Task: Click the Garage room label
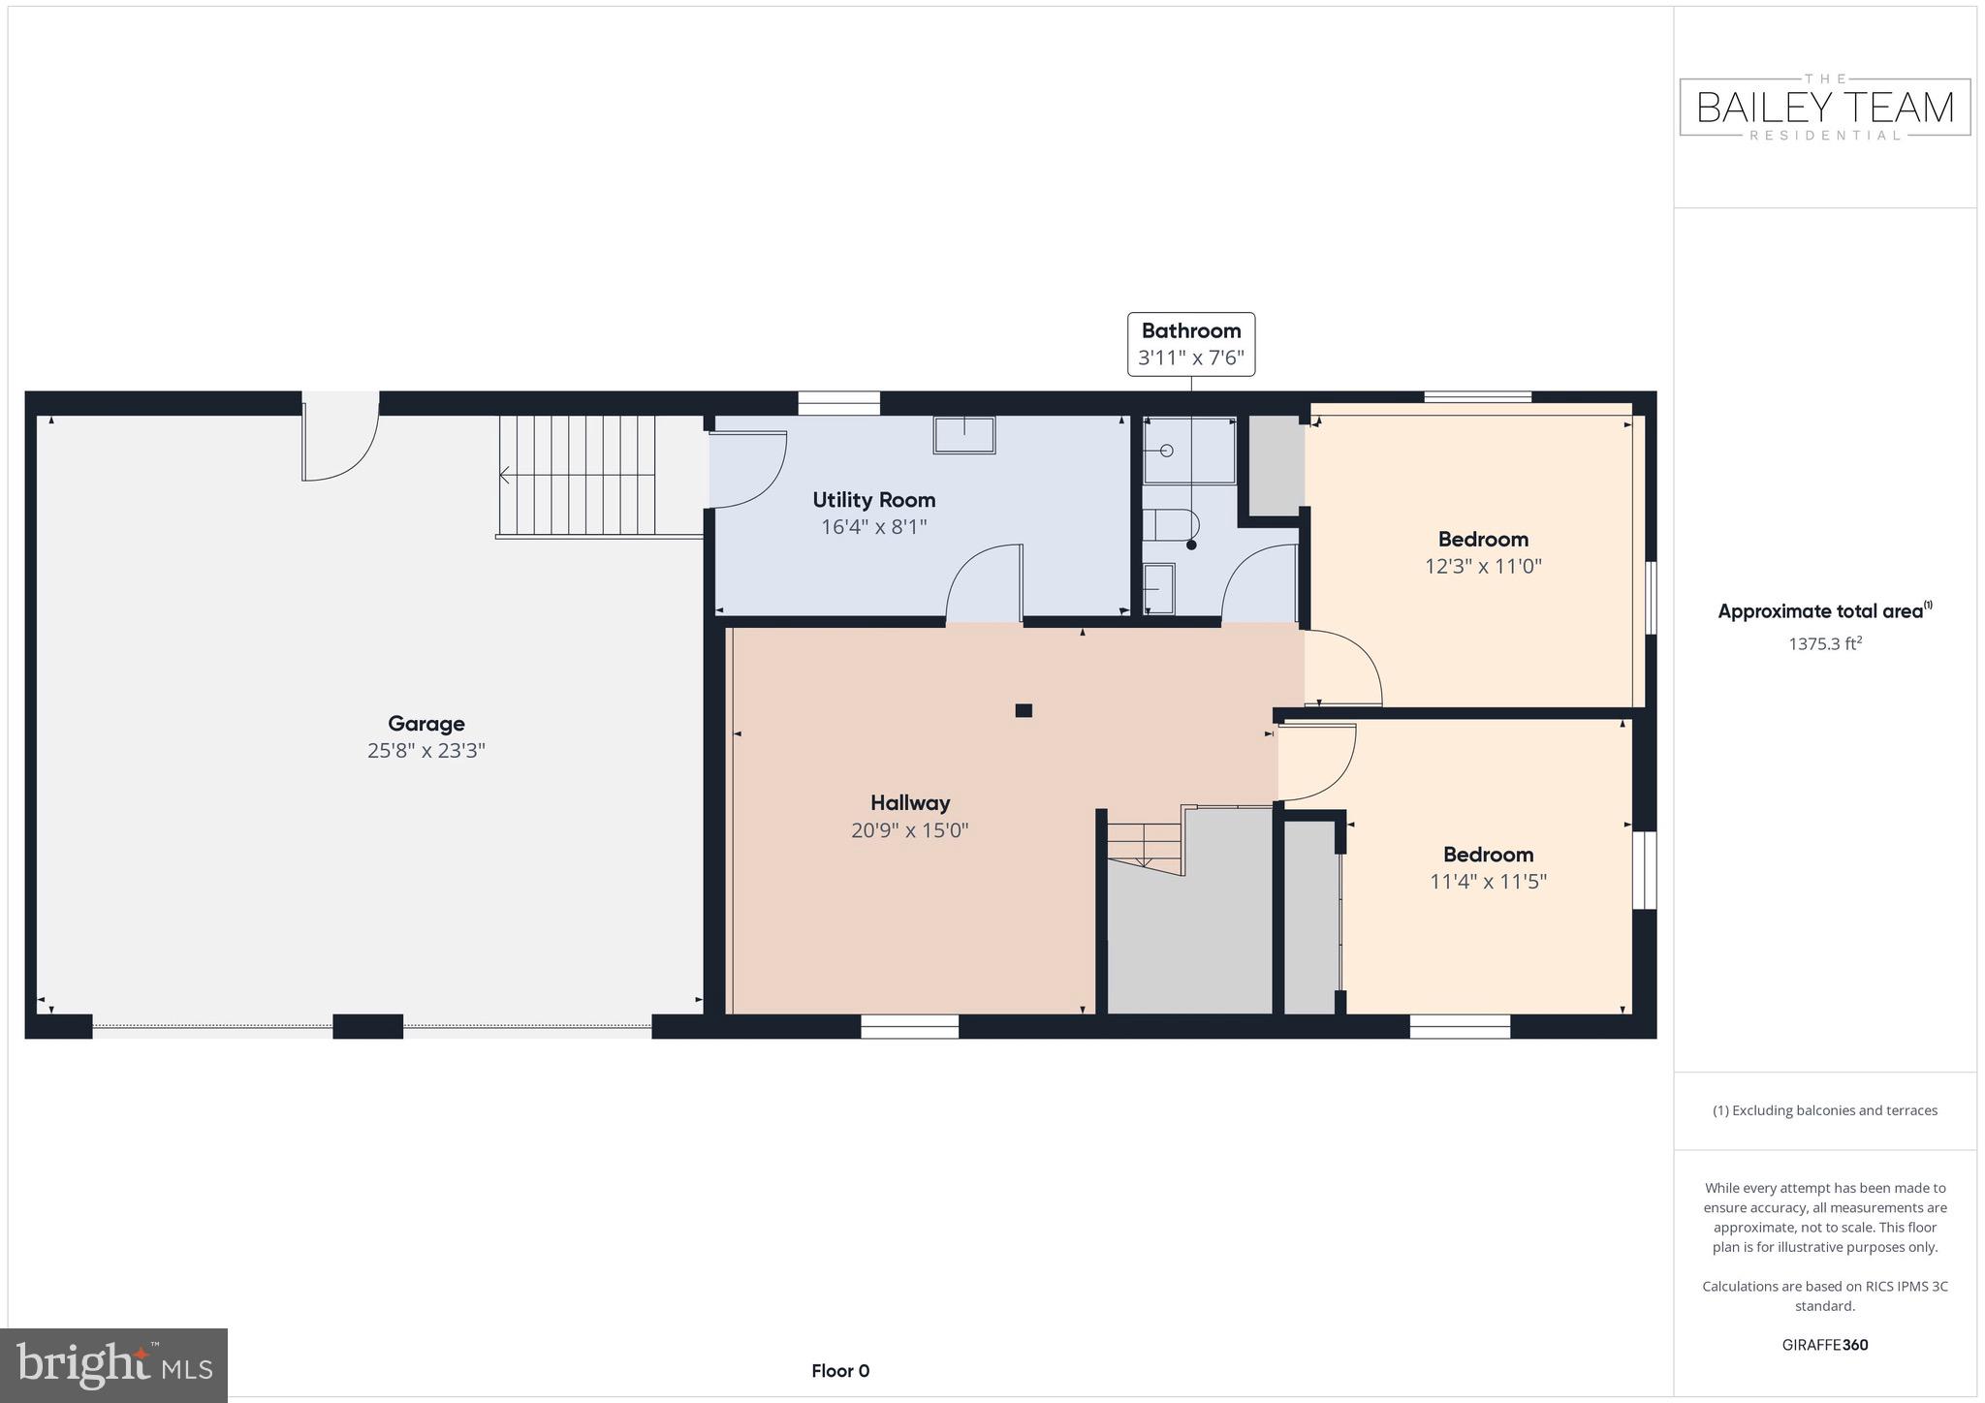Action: [x=425, y=723]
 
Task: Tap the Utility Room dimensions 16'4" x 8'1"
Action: [x=873, y=527]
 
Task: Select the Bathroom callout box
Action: [x=1190, y=344]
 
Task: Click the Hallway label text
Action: [x=909, y=802]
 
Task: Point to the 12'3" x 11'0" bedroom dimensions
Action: [x=1482, y=566]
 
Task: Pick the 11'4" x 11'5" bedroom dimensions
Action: [x=1487, y=882]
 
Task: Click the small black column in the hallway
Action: [x=1023, y=710]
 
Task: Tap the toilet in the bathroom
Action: [x=1170, y=524]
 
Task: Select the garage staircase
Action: [x=578, y=475]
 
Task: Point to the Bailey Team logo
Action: [x=1824, y=107]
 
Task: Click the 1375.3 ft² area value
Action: [x=1824, y=643]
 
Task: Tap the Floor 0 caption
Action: [x=839, y=1371]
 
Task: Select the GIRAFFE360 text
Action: [x=1824, y=1345]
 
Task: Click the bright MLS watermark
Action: [x=113, y=1365]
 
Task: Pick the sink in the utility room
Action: [x=963, y=435]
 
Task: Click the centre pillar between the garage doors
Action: [x=367, y=1026]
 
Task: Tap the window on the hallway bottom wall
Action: [x=909, y=1026]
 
